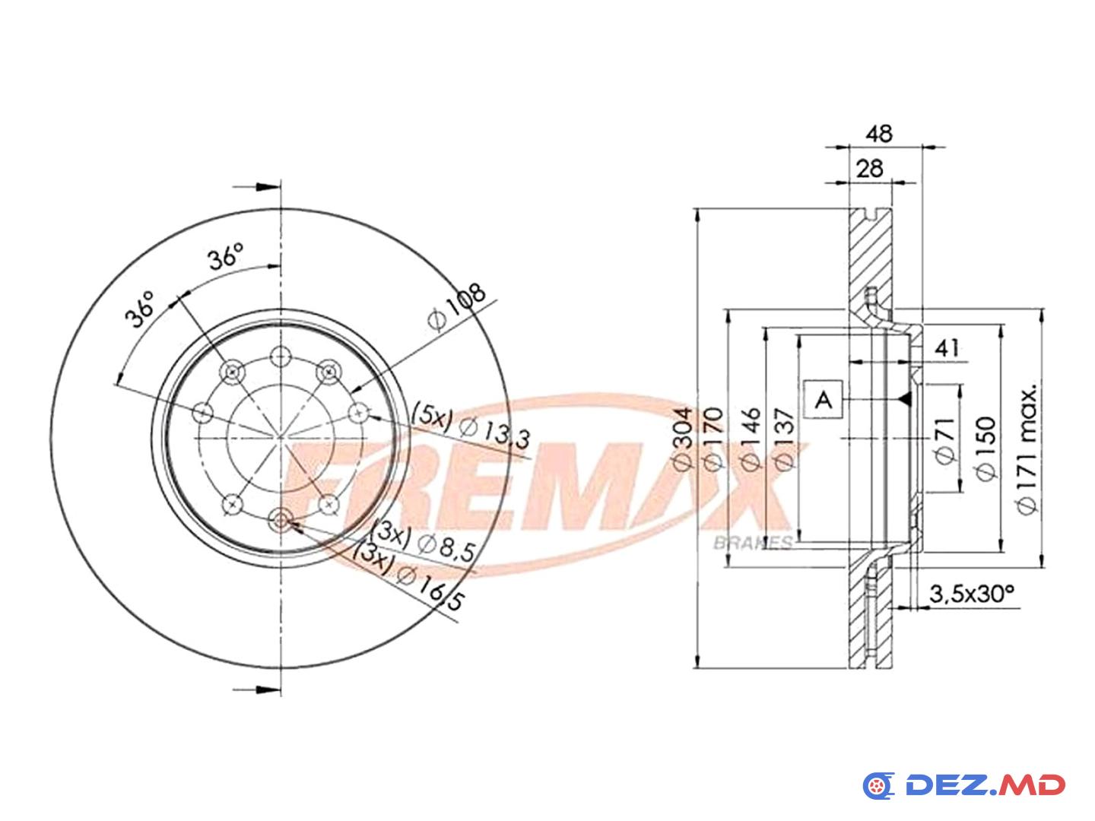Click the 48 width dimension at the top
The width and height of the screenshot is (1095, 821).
(x=879, y=134)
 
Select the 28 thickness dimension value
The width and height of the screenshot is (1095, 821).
(x=869, y=169)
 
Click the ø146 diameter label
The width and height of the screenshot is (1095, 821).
(x=751, y=439)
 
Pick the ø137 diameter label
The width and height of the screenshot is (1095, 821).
(x=783, y=439)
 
